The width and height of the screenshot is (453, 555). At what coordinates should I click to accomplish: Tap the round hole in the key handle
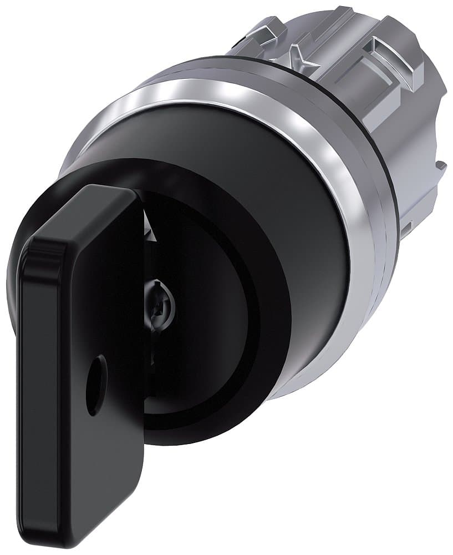[x=96, y=386]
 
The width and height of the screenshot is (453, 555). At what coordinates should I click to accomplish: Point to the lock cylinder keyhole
[x=161, y=303]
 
